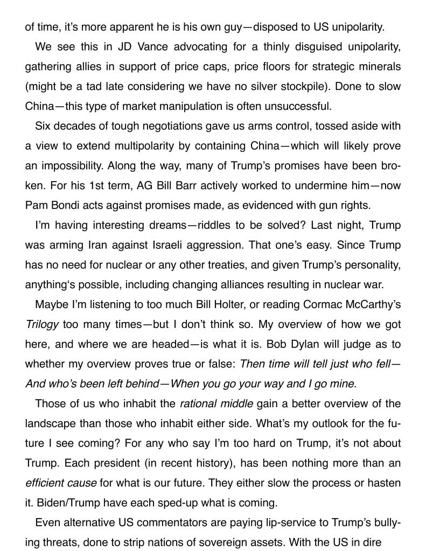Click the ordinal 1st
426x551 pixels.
pos(88,185)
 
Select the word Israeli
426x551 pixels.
pos(153,245)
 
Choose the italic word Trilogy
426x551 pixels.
pos(42,324)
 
